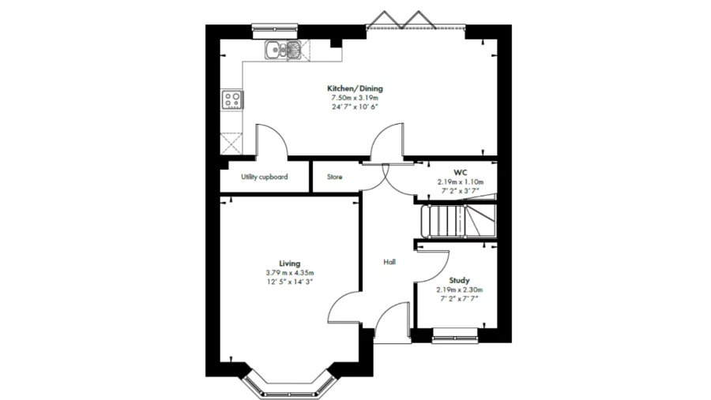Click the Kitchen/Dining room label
[x=355, y=88]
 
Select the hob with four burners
[x=232, y=99]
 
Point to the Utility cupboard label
[x=264, y=177]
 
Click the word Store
[x=334, y=177]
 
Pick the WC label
[x=460, y=172]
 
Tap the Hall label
[x=389, y=262]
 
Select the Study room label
[x=459, y=280]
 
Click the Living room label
[x=289, y=264]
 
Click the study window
[x=455, y=339]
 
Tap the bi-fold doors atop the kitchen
[x=404, y=21]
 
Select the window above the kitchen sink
[x=274, y=29]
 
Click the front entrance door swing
[x=391, y=325]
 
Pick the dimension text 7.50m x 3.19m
[x=355, y=98]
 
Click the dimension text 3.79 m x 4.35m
[x=289, y=273]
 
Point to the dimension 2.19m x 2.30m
[x=459, y=290]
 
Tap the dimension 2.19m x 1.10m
[x=460, y=181]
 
